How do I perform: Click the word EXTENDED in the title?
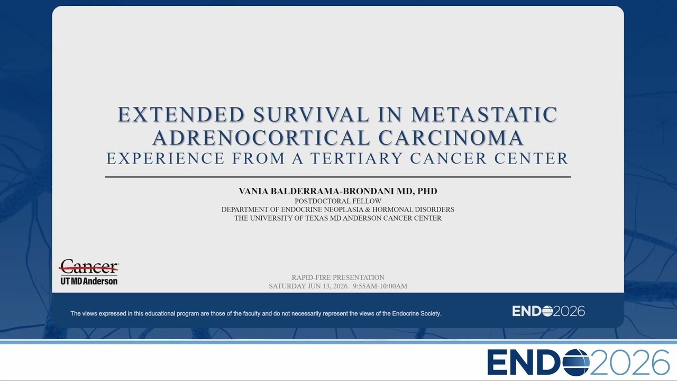[x=181, y=114]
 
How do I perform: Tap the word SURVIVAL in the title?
[x=311, y=114]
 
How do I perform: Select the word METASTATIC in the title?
[x=484, y=114]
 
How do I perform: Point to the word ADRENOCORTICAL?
[x=261, y=138]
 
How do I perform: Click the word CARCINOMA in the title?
[x=451, y=138]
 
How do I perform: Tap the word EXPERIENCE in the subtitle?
[x=166, y=158]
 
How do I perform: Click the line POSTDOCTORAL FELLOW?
[x=338, y=201]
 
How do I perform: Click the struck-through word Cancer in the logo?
[x=89, y=266]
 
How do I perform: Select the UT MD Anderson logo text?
[x=89, y=281]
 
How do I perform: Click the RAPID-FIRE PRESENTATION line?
[x=338, y=277]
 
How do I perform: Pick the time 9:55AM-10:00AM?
[x=380, y=286]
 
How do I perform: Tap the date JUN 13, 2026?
[x=328, y=286]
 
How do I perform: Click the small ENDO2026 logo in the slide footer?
[x=548, y=311]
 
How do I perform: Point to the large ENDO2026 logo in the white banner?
[x=578, y=362]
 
